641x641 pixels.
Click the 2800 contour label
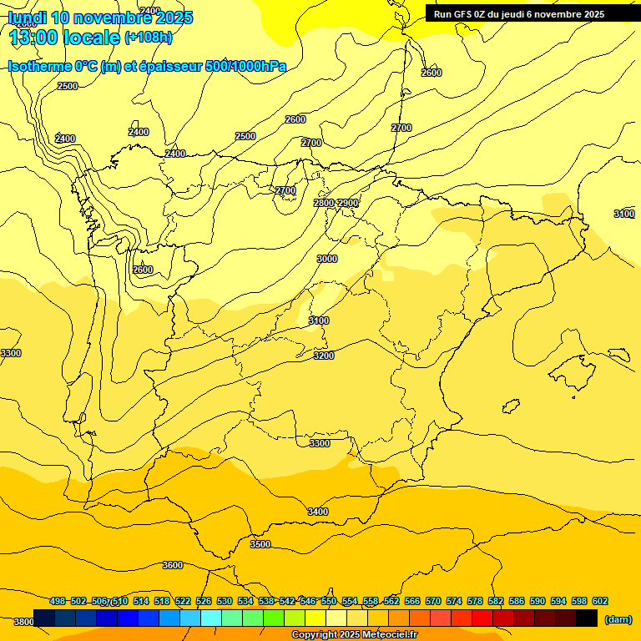click(324, 203)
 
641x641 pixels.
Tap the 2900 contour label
click(348, 203)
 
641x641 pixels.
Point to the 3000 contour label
click(327, 259)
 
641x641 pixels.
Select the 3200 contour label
click(324, 356)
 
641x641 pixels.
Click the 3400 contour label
click(318, 512)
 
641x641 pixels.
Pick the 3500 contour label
click(260, 544)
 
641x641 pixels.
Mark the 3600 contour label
click(173, 565)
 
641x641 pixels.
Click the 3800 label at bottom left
click(23, 622)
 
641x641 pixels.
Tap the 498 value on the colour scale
click(58, 601)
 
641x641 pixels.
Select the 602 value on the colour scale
click(599, 601)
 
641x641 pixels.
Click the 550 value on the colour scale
click(329, 601)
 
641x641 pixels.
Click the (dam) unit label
click(618, 618)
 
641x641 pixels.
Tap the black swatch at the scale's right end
click(587, 618)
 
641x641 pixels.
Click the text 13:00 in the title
click(33, 38)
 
